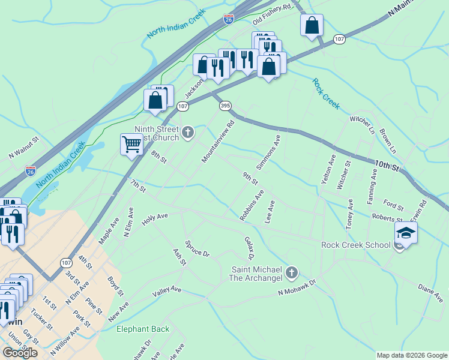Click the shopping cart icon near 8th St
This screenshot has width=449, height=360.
(x=131, y=143)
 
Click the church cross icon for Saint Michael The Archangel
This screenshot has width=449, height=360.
(x=292, y=274)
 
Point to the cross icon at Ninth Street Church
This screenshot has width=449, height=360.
(x=188, y=132)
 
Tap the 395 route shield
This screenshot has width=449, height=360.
(x=225, y=106)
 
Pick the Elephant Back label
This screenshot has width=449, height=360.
(x=143, y=329)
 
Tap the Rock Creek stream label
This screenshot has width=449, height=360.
(x=325, y=94)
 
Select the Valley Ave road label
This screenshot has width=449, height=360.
(x=167, y=292)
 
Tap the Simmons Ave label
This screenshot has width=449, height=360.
(x=268, y=151)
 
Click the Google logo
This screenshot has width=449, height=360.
(x=20, y=353)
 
